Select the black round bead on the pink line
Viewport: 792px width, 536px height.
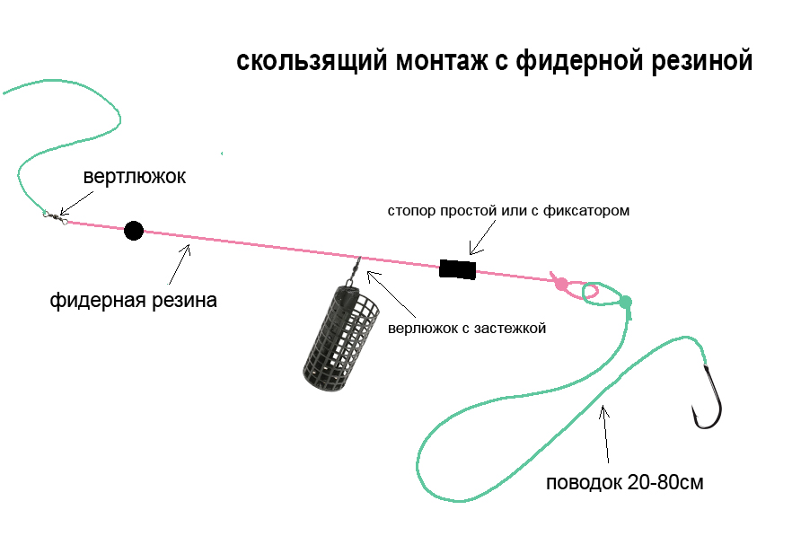pyautogui.click(x=134, y=231)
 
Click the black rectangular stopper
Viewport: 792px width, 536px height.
pyautogui.click(x=457, y=268)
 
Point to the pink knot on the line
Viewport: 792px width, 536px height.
pyautogui.click(x=561, y=284)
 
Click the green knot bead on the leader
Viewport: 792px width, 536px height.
pyautogui.click(x=626, y=302)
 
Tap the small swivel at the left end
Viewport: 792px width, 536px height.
pyautogui.click(x=56, y=215)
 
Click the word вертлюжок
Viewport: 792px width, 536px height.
pyautogui.click(x=135, y=176)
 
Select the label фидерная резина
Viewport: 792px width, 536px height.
pyautogui.click(x=134, y=300)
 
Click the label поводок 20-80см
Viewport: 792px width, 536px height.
pyautogui.click(x=625, y=483)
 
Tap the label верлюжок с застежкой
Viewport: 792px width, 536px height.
pyautogui.click(x=467, y=329)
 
